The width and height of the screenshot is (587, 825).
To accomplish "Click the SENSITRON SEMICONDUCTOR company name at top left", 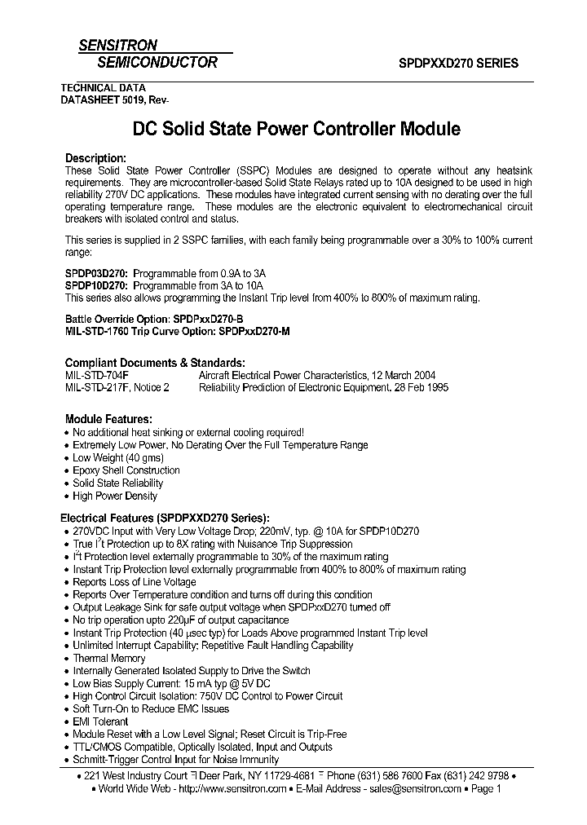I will coord(148,54).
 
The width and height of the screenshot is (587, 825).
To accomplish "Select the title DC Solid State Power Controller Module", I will coord(296,129).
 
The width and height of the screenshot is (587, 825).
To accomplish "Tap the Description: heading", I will coord(95,158).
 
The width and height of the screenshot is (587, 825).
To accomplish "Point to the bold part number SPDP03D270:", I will coord(96,274).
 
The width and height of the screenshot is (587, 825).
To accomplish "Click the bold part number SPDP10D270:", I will coord(96,286).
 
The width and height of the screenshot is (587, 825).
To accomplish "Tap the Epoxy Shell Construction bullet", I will coord(126,470).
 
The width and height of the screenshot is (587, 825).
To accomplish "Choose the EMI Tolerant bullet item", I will coord(100,721).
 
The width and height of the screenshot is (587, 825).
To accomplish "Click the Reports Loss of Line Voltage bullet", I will coord(135,582).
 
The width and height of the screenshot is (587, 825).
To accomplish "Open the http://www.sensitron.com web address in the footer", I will coord(232,789).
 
